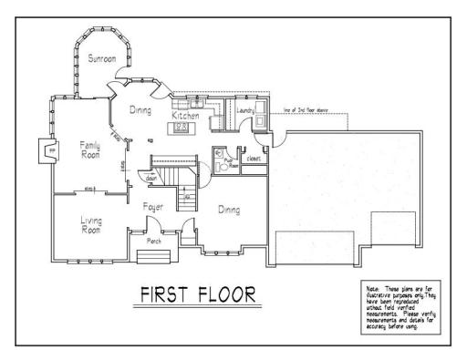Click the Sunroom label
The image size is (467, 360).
102,59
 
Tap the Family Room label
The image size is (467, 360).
89,150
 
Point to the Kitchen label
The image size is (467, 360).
186,116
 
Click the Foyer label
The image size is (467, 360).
153,208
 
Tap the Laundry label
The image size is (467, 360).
244,111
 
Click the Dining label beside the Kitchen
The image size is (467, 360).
139,110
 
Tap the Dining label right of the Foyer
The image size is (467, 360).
228,211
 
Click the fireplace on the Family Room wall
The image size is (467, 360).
42,150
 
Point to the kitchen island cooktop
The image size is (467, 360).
182,128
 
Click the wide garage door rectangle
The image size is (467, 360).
315,245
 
